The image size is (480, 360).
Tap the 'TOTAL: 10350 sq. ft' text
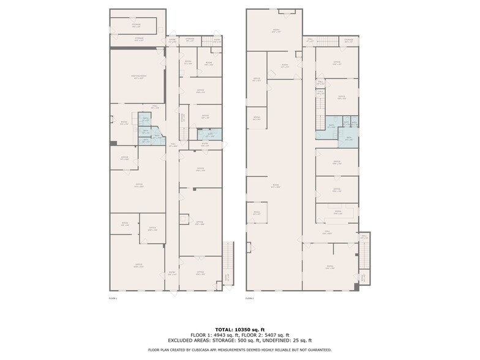[x=239, y=329]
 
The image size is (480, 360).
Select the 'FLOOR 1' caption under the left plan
[x=113, y=298]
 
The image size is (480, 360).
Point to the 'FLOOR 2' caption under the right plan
[x=249, y=298]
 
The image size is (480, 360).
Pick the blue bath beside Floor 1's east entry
[x=209, y=134]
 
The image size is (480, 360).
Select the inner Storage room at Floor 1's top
[x=136, y=26]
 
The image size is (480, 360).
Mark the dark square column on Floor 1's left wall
[x=113, y=143]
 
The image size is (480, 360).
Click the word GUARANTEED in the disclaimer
[x=317, y=350]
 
